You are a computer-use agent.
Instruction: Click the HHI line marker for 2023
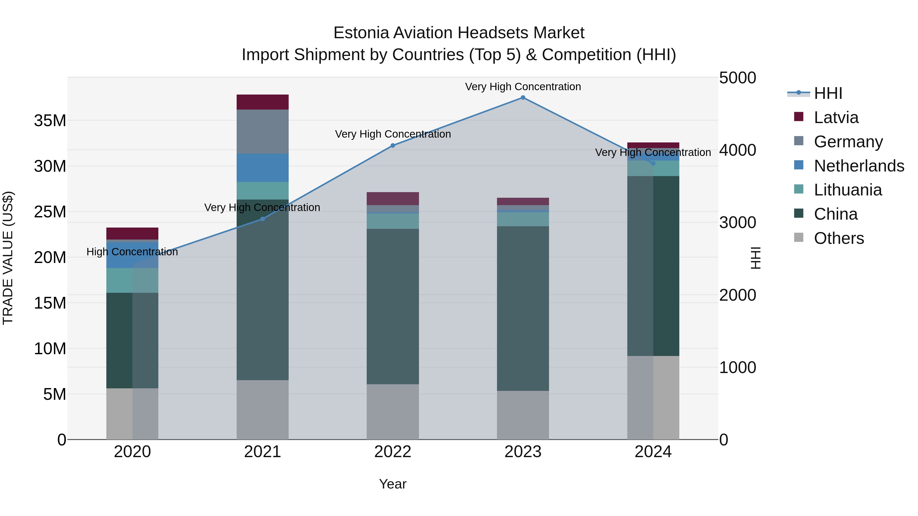(523, 98)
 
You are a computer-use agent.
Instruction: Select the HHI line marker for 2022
(393, 145)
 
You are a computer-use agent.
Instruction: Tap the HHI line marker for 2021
(263, 219)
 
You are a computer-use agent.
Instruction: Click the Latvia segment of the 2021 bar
(263, 102)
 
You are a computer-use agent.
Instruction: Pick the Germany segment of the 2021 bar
(263, 131)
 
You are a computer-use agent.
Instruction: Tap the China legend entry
(836, 214)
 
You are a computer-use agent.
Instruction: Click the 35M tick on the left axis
(50, 121)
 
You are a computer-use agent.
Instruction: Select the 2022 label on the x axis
(393, 452)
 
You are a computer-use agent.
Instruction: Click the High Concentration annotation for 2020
(132, 252)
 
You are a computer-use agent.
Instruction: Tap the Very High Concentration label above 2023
(523, 87)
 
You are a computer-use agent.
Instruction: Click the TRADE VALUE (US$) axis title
(8, 258)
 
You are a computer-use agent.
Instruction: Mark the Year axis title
(393, 484)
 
